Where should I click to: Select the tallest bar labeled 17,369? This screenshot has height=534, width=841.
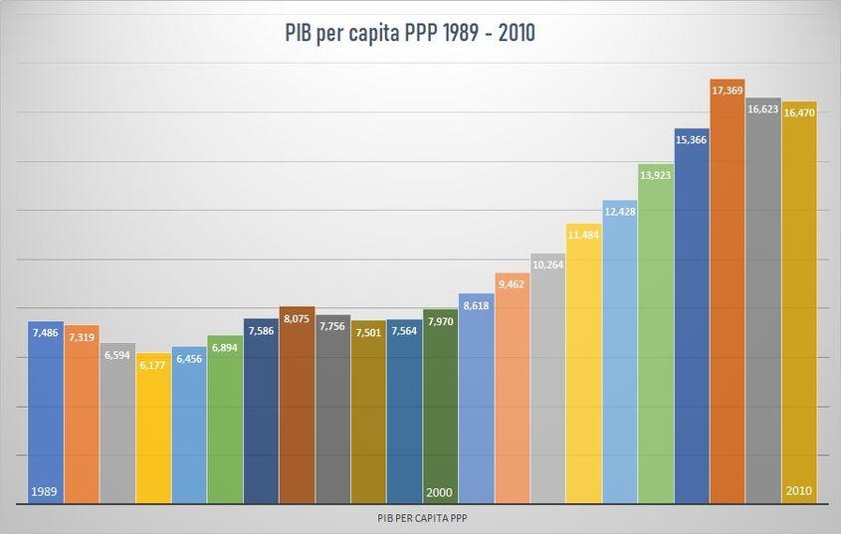(x=728, y=298)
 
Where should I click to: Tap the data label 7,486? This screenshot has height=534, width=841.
(x=45, y=332)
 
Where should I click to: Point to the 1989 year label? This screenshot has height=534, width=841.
(x=44, y=491)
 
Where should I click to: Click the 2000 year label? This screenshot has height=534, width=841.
(x=439, y=491)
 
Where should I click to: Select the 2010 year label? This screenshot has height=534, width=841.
(x=799, y=491)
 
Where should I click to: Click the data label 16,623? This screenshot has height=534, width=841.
(x=763, y=108)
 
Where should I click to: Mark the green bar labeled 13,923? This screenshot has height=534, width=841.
(x=656, y=338)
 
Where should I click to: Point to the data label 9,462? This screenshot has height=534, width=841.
(x=512, y=283)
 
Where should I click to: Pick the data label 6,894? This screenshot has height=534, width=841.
(x=225, y=347)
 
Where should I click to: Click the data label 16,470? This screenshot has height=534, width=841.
(x=799, y=112)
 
